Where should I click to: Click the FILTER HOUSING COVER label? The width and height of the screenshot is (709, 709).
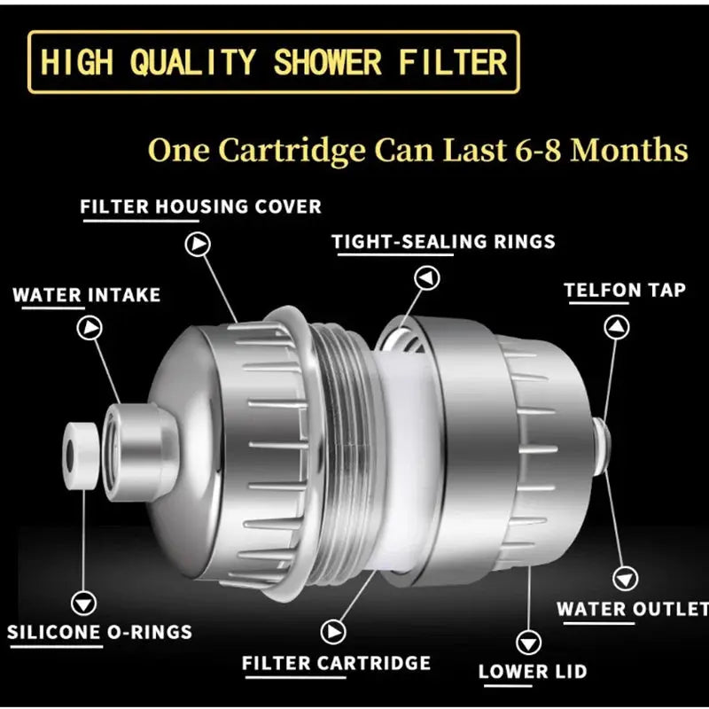200,207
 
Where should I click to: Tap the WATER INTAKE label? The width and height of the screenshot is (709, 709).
86,294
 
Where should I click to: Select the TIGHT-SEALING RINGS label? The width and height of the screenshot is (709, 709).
443,241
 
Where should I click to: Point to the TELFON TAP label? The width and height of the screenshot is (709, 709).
625,291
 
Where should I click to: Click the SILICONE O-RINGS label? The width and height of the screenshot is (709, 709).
99,633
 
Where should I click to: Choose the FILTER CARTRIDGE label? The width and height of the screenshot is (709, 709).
336,663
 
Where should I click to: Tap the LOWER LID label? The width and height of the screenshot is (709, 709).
532,672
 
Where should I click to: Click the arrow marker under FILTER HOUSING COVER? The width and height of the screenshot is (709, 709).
198,245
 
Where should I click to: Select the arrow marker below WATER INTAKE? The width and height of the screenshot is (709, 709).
90,329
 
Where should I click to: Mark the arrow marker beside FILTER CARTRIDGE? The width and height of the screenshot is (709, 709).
333,631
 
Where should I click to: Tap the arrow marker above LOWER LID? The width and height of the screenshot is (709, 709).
530,641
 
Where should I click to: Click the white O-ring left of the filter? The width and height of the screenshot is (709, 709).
79,454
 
